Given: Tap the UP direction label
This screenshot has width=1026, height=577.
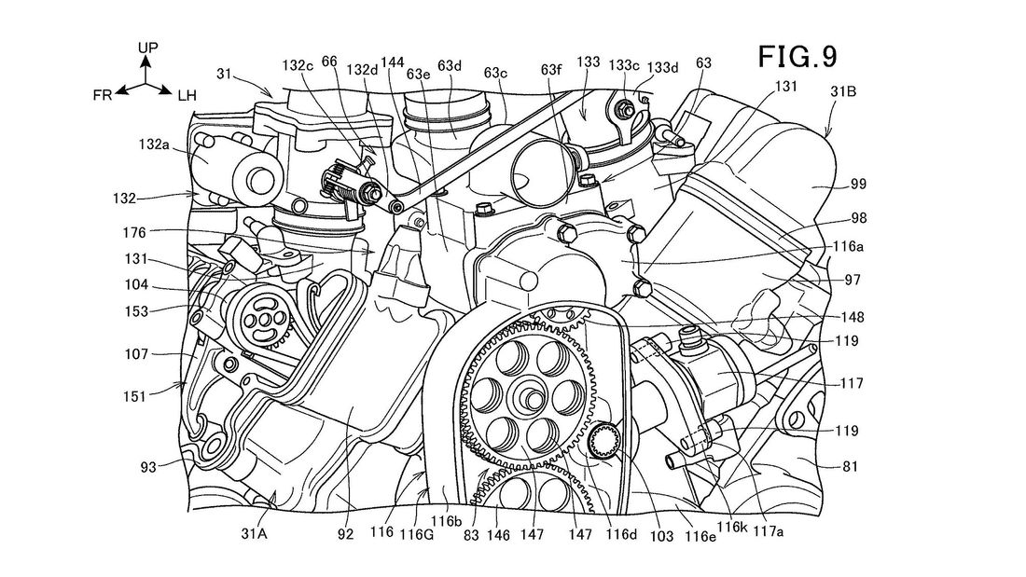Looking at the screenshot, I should pyautogui.click(x=147, y=46).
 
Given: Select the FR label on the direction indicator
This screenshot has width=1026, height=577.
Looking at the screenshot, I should pyautogui.click(x=104, y=95).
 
